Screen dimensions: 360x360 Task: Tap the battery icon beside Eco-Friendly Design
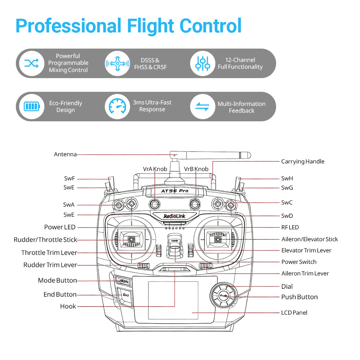32,107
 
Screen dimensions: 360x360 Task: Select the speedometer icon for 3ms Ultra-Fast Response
117,107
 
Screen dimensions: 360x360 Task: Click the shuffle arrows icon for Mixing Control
32,63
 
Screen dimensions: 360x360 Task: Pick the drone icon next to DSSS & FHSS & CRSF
117,63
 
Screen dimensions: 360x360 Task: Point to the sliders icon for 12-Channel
203,63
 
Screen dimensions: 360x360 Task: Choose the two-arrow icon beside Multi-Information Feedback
203,107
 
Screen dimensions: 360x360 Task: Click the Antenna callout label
65,154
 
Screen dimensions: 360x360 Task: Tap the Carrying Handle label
302,162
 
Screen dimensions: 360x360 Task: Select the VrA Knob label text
155,169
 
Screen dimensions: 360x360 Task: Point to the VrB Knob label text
196,169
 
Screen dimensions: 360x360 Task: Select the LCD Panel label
294,313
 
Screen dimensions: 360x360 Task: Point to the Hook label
68,306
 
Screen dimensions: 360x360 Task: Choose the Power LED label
60,227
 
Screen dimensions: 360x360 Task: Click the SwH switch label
287,179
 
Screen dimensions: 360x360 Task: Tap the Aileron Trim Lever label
305,274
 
